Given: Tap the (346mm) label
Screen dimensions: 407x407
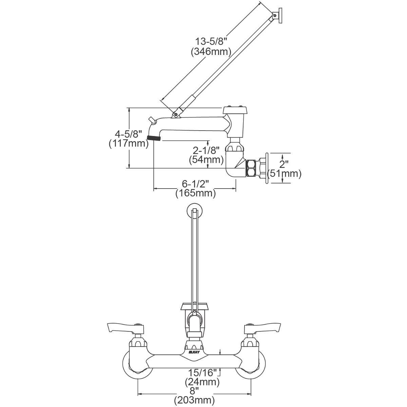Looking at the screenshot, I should click(x=211, y=52).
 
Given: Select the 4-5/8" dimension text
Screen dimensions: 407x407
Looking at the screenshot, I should click(x=128, y=133).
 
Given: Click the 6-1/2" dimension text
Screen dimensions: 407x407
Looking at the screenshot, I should click(x=195, y=184).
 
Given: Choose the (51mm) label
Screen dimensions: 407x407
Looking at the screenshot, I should click(x=284, y=174).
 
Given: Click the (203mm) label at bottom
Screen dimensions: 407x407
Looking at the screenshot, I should click(x=195, y=400).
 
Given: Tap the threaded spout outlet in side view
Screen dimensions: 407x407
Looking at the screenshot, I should click(x=154, y=139).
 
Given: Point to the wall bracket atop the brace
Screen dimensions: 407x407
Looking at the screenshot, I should click(x=278, y=15).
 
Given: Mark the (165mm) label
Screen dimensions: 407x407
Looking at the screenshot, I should click(x=195, y=194).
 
